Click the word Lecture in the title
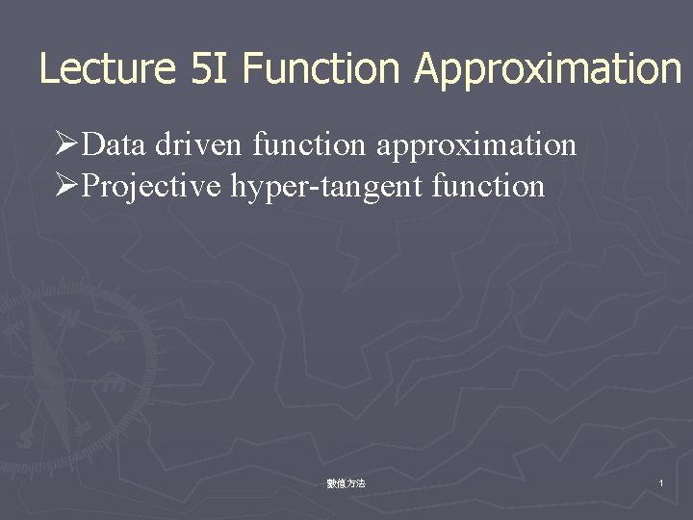click(x=107, y=69)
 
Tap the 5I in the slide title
click(x=211, y=69)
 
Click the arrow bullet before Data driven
click(x=66, y=145)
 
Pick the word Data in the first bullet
click(x=115, y=145)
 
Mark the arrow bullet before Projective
click(x=66, y=186)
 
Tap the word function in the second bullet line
click(x=489, y=186)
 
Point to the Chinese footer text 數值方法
click(x=346, y=483)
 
